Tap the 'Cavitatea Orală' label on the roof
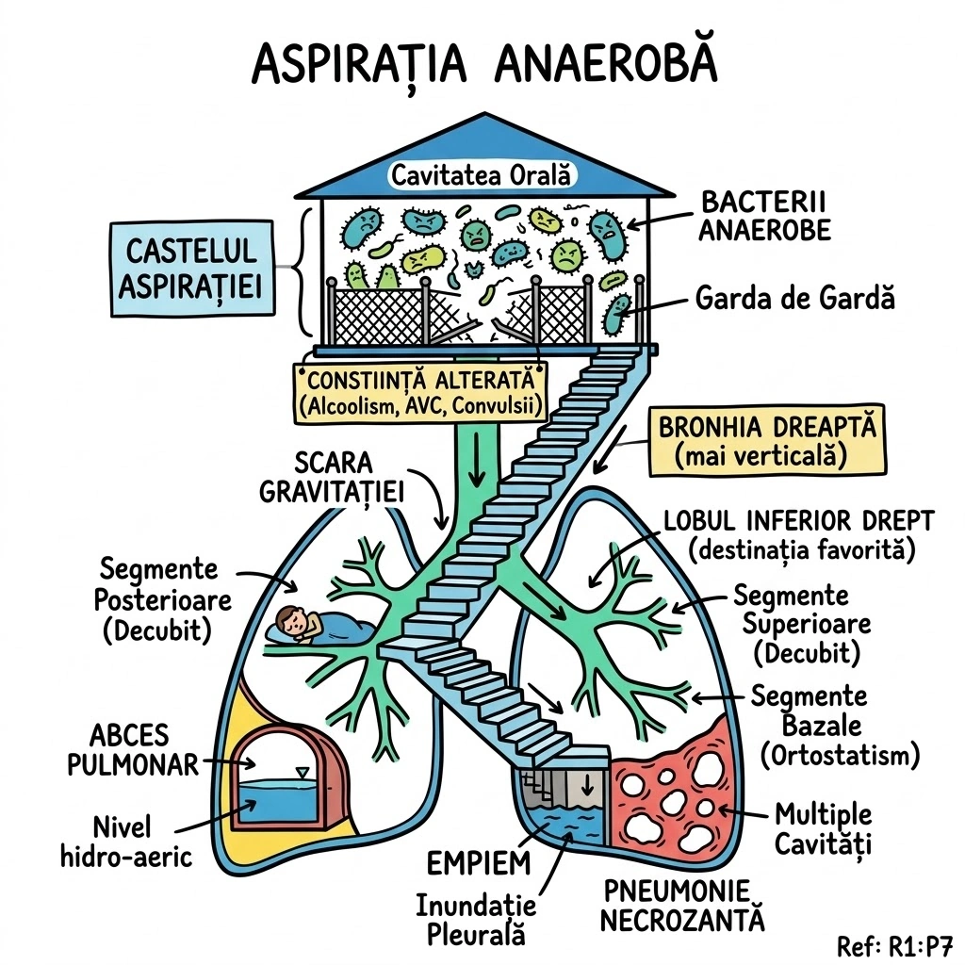point(483,174)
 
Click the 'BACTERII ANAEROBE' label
point(764,216)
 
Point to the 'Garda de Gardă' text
point(794,299)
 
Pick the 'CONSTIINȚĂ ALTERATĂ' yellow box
point(422,391)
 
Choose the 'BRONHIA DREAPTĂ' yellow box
point(767,440)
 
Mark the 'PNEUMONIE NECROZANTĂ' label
point(681,905)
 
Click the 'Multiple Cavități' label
point(823,828)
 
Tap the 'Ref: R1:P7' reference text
point(894,944)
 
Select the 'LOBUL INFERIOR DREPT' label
point(799,532)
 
